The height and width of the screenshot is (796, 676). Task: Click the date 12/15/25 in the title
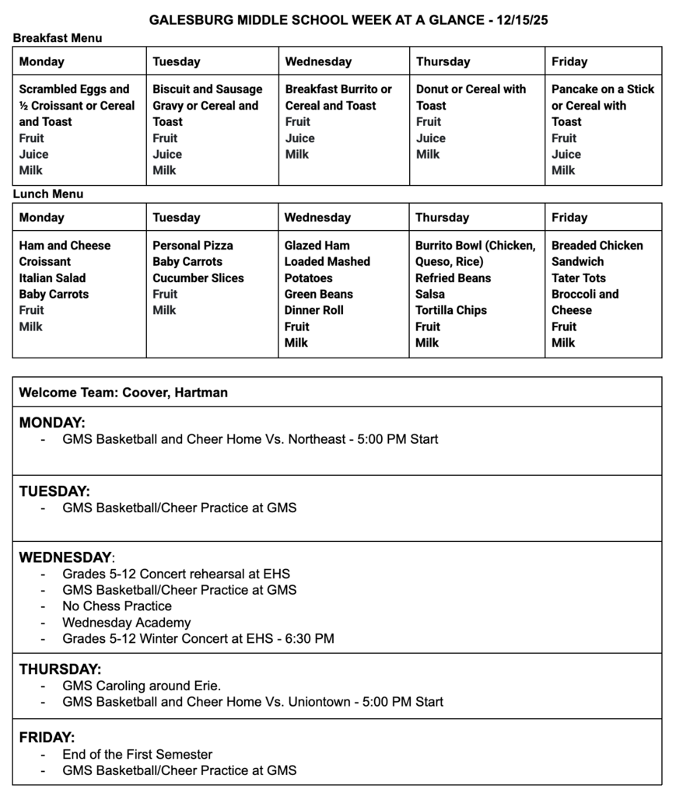520,20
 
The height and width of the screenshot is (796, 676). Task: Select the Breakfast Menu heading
58,37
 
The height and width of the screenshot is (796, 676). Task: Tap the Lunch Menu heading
48,194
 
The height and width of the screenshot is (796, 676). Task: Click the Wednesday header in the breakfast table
318,61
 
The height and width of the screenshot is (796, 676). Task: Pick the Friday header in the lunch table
569,218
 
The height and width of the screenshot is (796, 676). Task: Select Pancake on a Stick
603,89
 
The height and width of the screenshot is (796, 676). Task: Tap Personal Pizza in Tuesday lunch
193,246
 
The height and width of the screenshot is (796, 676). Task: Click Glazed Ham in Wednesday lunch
317,246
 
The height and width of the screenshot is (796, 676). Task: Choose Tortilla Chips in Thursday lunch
451,310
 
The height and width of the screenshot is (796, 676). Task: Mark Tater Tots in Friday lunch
579,278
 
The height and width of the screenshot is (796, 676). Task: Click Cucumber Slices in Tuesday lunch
198,278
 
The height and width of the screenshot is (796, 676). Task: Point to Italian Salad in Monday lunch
53,278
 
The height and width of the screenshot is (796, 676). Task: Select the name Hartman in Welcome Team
201,393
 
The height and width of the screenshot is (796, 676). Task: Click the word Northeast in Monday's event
317,439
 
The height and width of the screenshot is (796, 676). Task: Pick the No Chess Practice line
117,606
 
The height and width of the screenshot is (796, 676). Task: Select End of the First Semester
138,754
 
